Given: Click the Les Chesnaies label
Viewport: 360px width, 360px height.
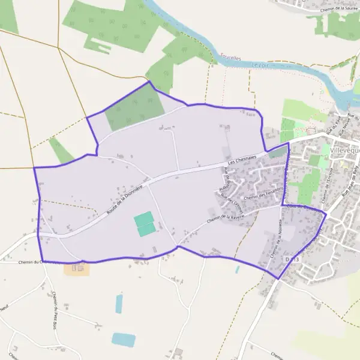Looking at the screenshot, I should click(x=242, y=159).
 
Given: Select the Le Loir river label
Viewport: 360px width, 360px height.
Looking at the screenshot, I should click(x=260, y=64).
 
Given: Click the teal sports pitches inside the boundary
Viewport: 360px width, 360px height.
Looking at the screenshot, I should click(x=145, y=224).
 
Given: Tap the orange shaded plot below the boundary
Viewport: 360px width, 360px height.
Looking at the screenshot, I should click(x=77, y=268).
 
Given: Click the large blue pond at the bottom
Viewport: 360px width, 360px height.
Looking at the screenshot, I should click(x=124, y=340).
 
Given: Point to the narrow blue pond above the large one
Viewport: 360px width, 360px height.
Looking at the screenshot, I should click(x=119, y=304).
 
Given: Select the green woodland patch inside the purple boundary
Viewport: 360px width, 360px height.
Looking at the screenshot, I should click(x=136, y=110).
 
